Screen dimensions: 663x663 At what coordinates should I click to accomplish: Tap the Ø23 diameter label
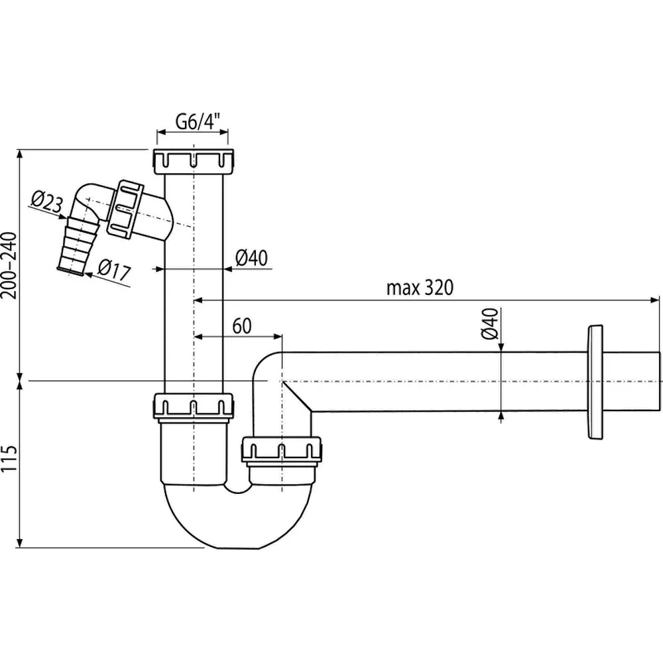coord(46,201)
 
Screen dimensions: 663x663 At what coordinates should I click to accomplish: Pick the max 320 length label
coord(420,288)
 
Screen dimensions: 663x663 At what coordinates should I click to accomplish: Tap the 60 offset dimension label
coord(242,326)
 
